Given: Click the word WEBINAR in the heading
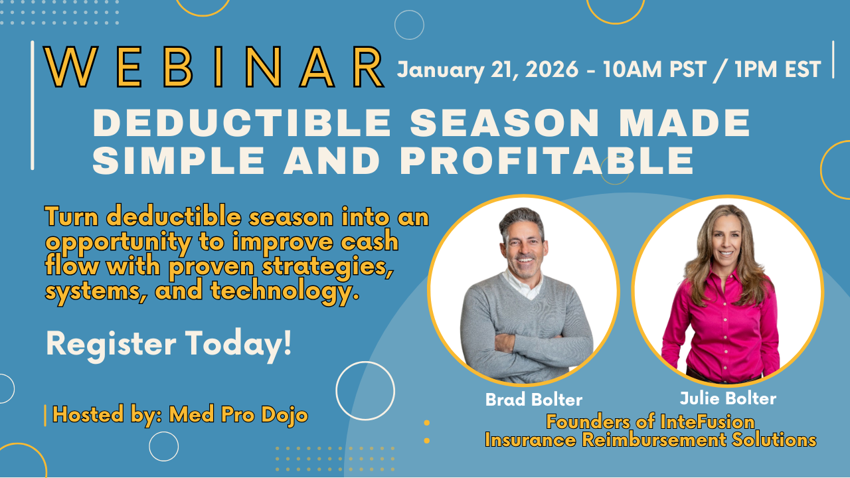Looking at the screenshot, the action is (x=214, y=67).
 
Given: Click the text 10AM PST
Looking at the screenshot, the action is (x=655, y=70).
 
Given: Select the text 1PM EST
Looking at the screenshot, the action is (x=778, y=70).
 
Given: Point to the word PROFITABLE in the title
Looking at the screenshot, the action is (x=547, y=160).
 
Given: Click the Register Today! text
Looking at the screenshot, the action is (x=169, y=343).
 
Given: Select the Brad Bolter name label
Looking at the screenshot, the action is (x=533, y=400).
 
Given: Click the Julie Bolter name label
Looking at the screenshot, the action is (x=728, y=398).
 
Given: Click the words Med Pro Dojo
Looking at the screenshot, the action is (x=238, y=414).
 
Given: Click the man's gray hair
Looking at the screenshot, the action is (x=522, y=220).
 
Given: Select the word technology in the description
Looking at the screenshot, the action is (x=285, y=291).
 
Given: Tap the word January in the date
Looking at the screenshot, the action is (x=440, y=70).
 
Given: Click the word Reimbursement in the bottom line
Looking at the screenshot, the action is (x=655, y=440).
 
